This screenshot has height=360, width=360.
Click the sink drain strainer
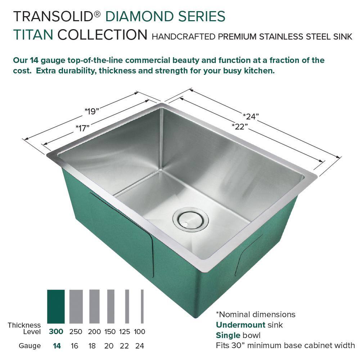(190, 218)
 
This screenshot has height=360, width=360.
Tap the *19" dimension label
(91, 111)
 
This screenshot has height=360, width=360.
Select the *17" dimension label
(82, 128)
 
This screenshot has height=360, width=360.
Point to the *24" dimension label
(251, 117)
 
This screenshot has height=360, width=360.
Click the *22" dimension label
(240, 126)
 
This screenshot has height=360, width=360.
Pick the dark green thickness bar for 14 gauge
(56, 306)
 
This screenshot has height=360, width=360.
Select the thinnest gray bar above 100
(142, 306)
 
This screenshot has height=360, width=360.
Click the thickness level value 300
(56, 332)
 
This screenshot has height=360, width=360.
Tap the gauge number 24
(140, 346)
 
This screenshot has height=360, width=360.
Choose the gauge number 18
(92, 346)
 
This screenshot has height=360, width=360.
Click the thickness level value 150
(110, 332)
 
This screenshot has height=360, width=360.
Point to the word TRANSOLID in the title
(53, 16)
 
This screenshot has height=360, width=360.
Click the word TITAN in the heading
(33, 35)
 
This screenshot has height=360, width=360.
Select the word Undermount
(240, 325)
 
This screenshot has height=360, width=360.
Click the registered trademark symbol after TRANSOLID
(97, 14)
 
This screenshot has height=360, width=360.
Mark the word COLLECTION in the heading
(102, 35)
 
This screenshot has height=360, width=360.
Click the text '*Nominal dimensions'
(256, 314)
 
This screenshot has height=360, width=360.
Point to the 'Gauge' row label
(30, 346)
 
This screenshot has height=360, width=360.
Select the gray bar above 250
(76, 306)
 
